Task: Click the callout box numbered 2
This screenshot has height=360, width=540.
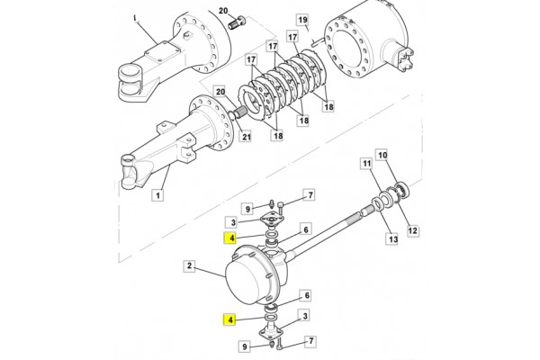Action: [189, 266]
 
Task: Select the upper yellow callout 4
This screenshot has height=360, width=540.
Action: [230, 238]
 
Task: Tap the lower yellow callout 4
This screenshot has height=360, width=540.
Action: [229, 320]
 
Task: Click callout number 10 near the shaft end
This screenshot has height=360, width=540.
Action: [382, 156]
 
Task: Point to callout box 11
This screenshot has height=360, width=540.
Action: [366, 164]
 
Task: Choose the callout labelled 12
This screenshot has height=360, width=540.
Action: [412, 230]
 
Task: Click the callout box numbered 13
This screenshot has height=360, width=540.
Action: [393, 238]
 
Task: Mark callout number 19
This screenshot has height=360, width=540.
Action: [302, 20]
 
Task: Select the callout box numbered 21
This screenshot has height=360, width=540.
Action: [246, 137]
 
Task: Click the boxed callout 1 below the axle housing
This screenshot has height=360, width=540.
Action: [157, 195]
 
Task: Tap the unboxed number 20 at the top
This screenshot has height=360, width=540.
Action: [223, 11]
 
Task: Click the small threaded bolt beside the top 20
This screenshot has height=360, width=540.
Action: [236, 22]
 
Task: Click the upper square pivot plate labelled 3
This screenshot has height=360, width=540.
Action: [273, 220]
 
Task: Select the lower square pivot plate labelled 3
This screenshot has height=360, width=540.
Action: [271, 330]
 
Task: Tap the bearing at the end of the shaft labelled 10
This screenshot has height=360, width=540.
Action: [402, 189]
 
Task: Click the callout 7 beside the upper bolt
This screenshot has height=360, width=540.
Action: [310, 195]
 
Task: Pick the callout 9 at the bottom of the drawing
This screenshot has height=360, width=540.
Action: [244, 346]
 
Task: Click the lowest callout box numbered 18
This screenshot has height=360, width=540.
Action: [278, 135]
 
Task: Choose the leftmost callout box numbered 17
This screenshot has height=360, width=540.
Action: [251, 60]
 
